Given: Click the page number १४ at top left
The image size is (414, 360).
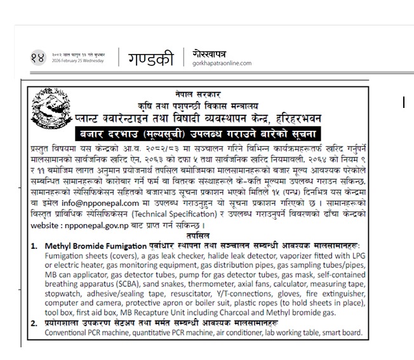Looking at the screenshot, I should (41, 58).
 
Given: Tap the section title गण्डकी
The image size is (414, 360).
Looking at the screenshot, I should (150, 57).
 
